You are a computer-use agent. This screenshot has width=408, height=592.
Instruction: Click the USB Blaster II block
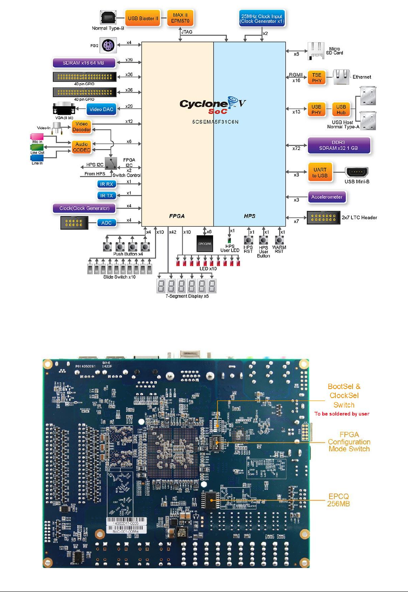coord(142,18)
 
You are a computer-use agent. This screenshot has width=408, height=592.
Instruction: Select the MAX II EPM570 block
coord(180,18)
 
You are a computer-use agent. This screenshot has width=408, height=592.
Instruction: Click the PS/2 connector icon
coord(108,45)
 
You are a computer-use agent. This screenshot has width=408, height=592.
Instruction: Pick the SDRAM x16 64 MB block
coord(83,63)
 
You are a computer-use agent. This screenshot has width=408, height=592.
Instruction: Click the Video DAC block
coord(101,109)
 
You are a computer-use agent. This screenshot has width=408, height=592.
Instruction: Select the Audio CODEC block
coord(81,147)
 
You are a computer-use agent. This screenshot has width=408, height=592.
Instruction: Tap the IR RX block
coord(106,184)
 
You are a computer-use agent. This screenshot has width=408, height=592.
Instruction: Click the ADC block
coord(106,223)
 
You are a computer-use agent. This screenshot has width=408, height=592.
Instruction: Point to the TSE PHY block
coord(316,77)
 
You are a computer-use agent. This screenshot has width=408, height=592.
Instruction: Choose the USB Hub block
coord(341,109)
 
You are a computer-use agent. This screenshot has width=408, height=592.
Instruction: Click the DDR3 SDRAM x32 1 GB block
coord(339,146)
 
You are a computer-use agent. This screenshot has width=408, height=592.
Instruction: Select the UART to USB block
coord(320,173)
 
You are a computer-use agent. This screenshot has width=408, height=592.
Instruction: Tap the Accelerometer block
coord(327,197)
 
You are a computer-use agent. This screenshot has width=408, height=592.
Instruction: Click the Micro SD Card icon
coord(316,51)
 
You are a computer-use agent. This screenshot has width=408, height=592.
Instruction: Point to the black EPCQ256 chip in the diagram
coord(205,244)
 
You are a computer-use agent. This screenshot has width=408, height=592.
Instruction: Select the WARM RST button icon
coord(279,240)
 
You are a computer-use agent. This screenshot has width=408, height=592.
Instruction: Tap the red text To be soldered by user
coord(342,414)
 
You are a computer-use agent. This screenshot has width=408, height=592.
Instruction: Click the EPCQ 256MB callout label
coord(338,500)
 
